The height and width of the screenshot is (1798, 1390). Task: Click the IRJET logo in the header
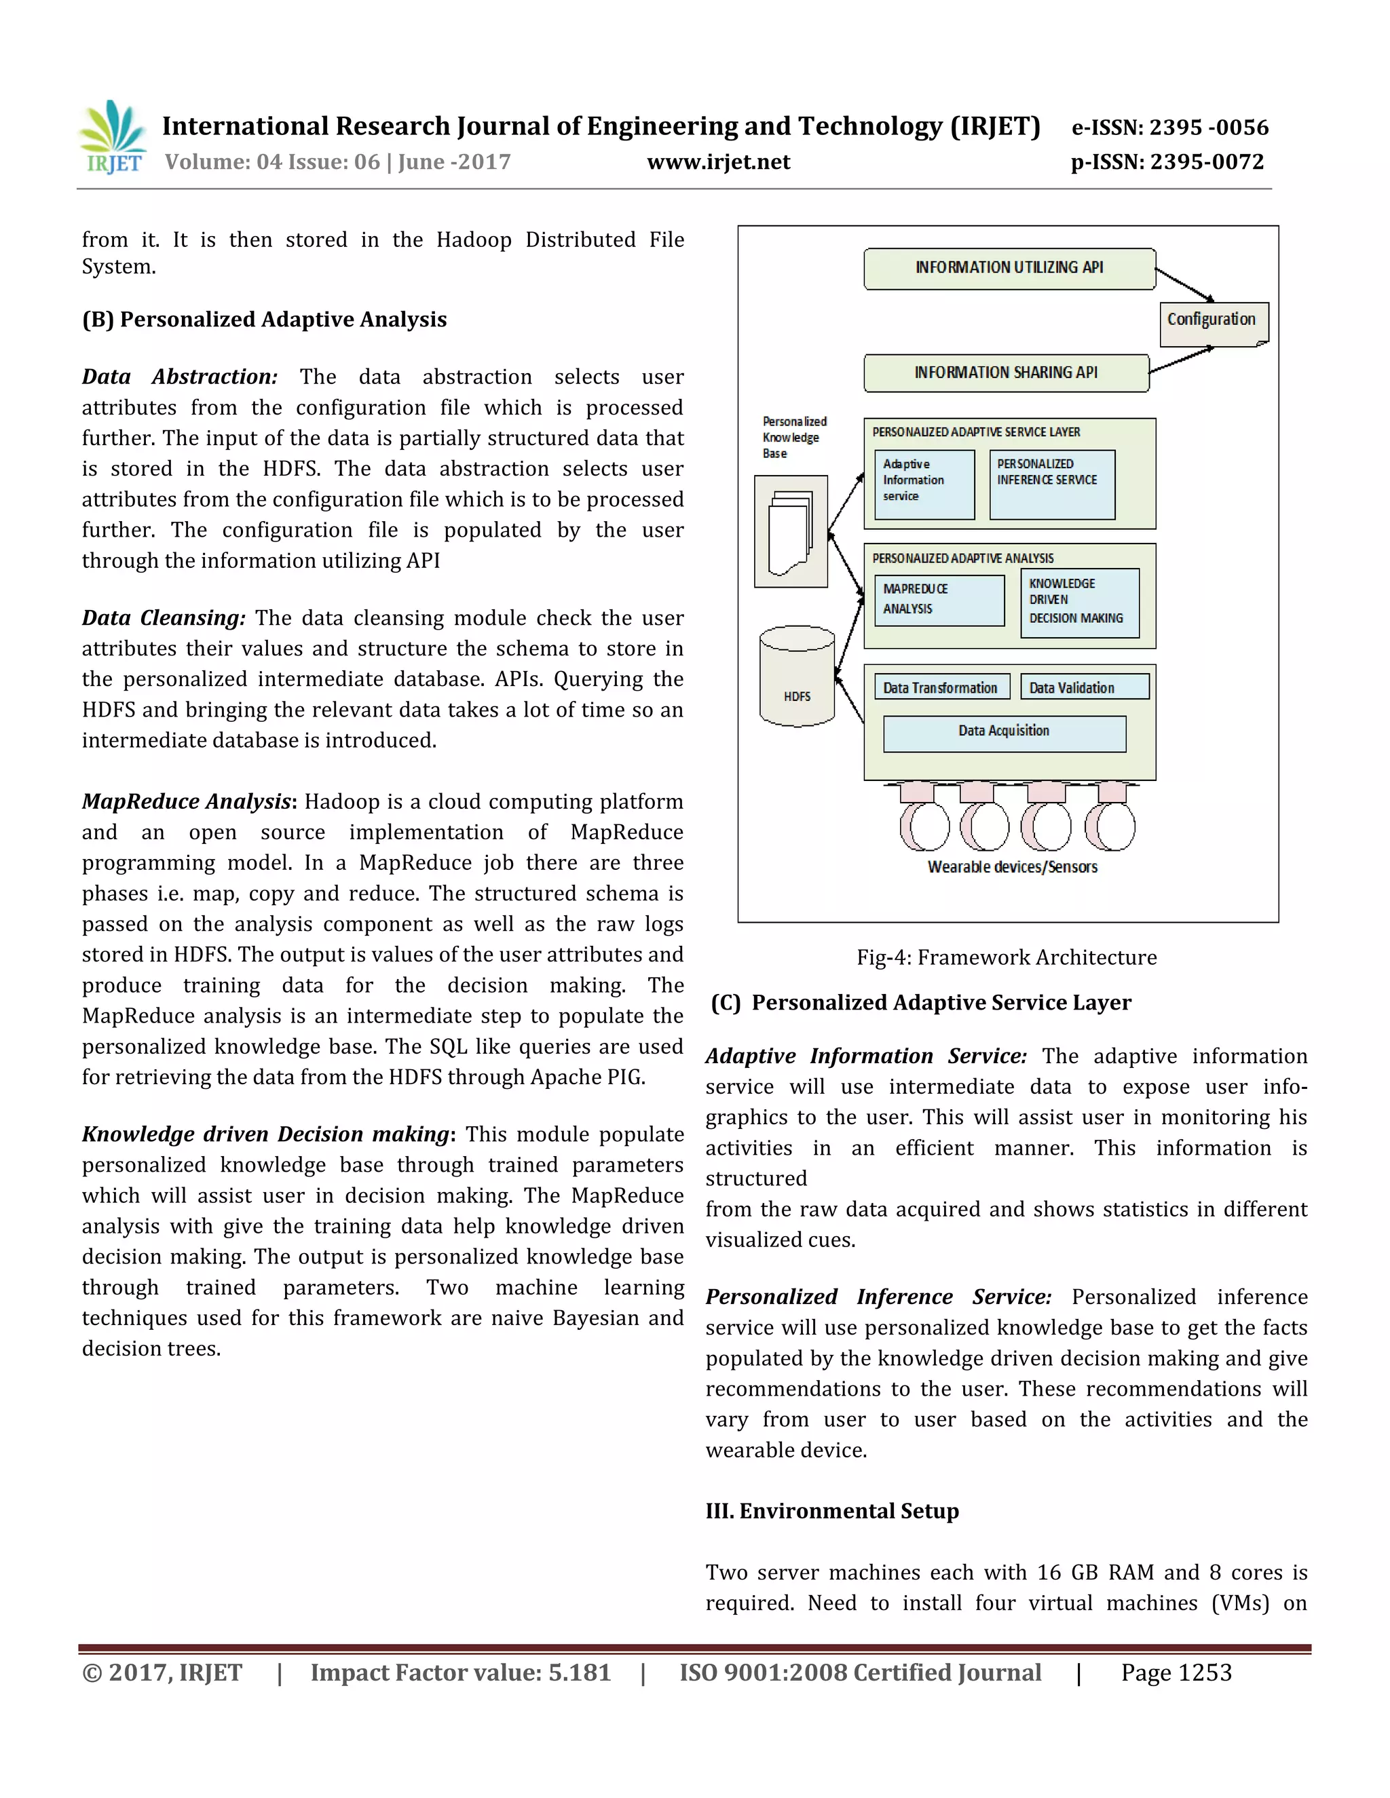click(113, 138)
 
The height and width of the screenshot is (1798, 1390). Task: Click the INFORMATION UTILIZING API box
click(1009, 269)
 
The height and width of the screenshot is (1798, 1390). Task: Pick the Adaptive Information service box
click(924, 484)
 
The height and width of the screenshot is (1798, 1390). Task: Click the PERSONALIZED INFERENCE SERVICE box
click(1051, 484)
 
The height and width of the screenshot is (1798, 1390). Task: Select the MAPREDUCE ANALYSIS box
click(939, 600)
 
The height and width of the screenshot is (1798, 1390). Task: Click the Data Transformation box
click(941, 687)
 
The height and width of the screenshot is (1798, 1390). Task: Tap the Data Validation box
click(1084, 687)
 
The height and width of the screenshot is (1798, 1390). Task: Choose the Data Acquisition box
click(1004, 733)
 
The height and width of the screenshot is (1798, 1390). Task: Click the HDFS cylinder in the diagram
click(796, 678)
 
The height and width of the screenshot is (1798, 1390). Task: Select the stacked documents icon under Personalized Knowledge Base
click(791, 531)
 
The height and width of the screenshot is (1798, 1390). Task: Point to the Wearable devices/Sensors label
click(1012, 867)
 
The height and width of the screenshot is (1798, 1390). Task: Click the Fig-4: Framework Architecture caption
click(1007, 957)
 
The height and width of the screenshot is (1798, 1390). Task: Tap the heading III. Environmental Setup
click(831, 1512)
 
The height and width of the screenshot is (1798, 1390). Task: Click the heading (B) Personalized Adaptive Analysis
click(264, 320)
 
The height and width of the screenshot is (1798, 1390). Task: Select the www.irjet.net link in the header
click(718, 162)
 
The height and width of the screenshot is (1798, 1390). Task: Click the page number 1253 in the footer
click(1176, 1673)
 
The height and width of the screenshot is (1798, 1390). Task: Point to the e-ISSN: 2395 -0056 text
click(1169, 128)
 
